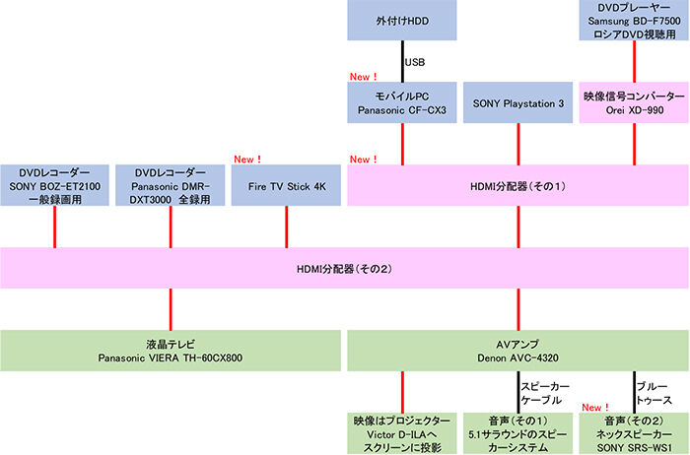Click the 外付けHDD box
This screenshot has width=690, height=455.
[x=402, y=20]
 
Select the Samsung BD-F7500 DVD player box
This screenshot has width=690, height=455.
[x=632, y=20]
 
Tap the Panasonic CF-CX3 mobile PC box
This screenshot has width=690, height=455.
[x=402, y=102]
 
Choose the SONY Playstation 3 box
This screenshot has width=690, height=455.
[x=517, y=102]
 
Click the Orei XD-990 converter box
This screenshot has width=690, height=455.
[x=632, y=102]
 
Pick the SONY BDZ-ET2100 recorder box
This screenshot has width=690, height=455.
[x=55, y=184]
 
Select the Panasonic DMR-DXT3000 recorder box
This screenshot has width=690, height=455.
[x=171, y=184]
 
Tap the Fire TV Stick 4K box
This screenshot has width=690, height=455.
[x=286, y=184]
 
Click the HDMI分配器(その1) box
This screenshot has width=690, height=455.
[x=517, y=185]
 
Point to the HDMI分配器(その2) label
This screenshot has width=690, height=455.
[x=344, y=267]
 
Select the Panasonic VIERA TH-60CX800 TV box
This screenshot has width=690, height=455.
[x=171, y=350]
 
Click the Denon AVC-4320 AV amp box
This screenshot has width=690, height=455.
[x=517, y=350]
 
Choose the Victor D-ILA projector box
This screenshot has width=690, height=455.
[x=402, y=433]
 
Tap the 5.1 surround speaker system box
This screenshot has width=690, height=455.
[x=517, y=433]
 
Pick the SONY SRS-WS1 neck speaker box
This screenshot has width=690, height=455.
[x=632, y=433]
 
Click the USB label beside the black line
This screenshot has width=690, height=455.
[x=415, y=61]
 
